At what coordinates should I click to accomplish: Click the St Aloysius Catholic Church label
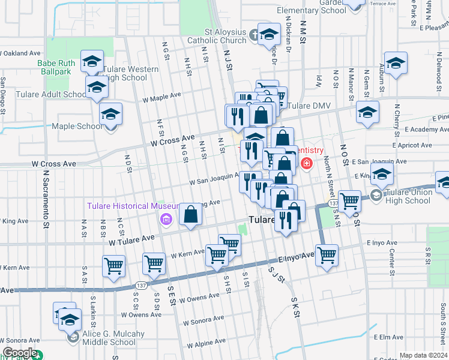225,36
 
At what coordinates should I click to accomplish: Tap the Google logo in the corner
19,353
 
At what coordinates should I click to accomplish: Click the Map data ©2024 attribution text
423,355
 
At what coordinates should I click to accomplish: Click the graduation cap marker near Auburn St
396,63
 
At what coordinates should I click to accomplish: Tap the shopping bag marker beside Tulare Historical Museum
190,214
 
